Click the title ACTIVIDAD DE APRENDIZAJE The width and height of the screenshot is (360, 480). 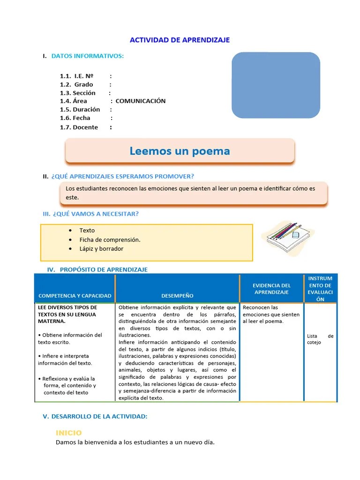click(x=180, y=40)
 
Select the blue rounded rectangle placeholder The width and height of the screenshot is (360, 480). click(x=276, y=85)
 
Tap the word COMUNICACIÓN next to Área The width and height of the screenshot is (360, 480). click(x=140, y=101)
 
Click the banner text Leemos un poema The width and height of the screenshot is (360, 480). click(x=180, y=151)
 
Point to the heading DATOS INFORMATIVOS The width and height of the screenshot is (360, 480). click(x=87, y=56)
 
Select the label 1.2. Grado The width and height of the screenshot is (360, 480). click(x=76, y=84)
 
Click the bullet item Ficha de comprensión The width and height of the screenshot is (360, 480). click(x=110, y=240)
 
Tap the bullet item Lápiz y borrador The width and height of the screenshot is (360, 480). click(x=101, y=248)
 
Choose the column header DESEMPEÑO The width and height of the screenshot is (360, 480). click(x=177, y=296)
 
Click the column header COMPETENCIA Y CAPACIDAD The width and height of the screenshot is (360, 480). click(x=75, y=296)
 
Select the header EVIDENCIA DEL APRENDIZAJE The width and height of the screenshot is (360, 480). click(x=271, y=289)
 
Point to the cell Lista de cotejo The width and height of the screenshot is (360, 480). click(x=320, y=339)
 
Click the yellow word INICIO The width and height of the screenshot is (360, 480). click(x=68, y=433)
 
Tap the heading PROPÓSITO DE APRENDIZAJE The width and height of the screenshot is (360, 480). click(x=104, y=270)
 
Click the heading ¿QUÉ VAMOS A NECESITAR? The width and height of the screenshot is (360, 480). click(x=94, y=214)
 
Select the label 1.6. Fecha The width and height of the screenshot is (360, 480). click(x=75, y=118)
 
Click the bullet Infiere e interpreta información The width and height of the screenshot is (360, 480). click(x=65, y=360)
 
